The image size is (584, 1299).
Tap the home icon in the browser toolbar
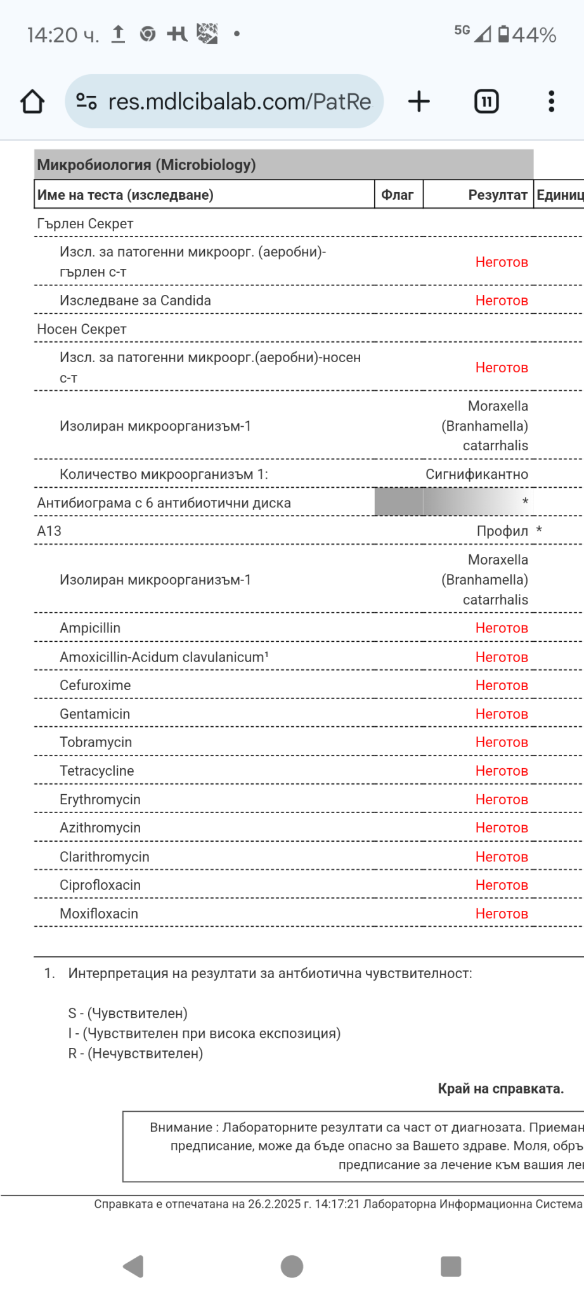point(32,101)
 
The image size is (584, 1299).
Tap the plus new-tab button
point(419,101)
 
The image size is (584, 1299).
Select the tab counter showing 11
point(486,101)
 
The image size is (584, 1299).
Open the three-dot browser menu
point(551,101)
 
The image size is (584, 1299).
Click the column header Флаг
point(398,195)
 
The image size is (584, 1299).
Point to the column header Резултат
point(497,195)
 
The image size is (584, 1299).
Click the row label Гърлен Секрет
point(85,224)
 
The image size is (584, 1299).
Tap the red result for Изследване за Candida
point(502,301)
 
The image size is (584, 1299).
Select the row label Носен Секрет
point(82,329)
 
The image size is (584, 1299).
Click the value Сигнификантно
point(476,474)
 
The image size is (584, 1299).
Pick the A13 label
point(49,531)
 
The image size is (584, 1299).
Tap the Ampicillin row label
point(90,628)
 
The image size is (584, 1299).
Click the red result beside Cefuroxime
point(502,686)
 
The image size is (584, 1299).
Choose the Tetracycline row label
point(97,771)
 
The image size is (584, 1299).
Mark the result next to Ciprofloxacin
point(502,885)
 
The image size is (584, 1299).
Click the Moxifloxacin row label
point(99,914)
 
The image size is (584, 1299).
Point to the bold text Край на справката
point(500,1088)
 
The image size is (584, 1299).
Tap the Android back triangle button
point(134,1267)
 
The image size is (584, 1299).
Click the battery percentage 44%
point(534,35)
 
